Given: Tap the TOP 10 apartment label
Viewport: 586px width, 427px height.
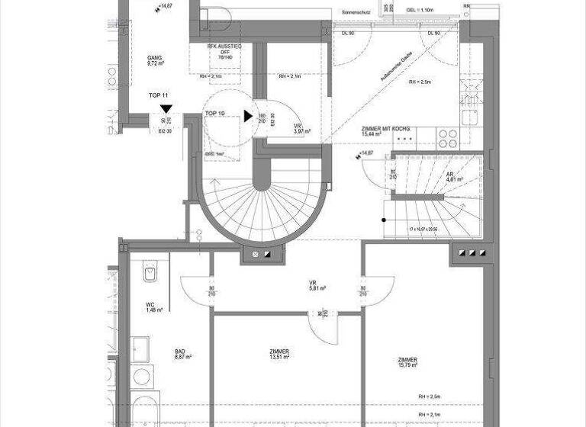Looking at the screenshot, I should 215,113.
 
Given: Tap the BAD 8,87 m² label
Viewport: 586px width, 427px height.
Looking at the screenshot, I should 182,354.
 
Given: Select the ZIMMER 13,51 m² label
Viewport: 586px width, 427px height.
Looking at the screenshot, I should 279,355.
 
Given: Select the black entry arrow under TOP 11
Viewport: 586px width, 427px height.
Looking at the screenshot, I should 166,109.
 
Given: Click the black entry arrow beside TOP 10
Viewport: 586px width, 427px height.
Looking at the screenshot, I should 248,116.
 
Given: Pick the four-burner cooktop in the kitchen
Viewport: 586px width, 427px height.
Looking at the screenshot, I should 447,138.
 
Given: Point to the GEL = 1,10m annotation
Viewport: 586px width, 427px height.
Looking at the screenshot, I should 420,10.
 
